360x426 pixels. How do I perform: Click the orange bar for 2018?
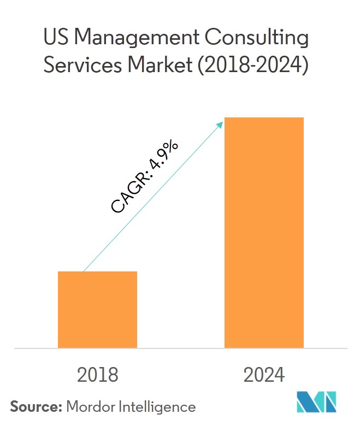tap(97, 309)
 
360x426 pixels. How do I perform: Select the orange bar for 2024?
tap(264, 232)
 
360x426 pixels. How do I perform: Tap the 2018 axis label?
tap(97, 375)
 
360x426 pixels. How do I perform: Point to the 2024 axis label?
tap(264, 375)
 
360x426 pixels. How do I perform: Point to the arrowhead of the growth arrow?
tap(221, 124)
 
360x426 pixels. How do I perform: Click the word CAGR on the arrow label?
tap(131, 192)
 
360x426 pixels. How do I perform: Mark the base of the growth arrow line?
tap(83, 271)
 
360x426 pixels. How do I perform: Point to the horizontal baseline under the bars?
tap(180, 348)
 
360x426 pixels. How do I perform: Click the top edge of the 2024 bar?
tap(264, 118)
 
